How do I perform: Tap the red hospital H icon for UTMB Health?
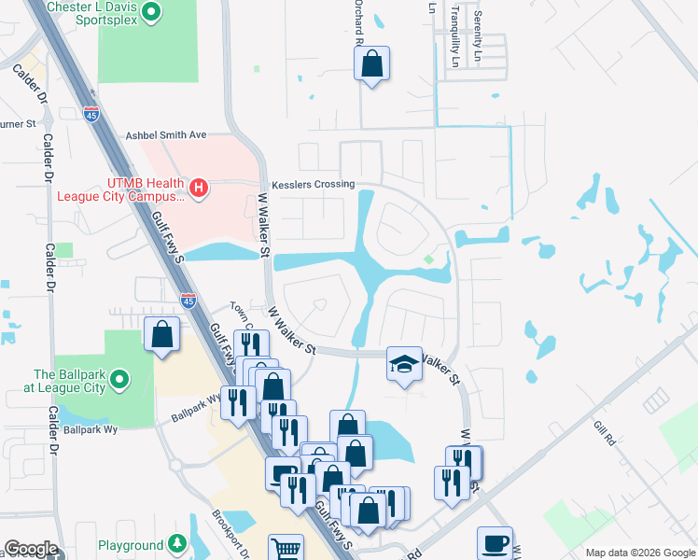tap(197, 189)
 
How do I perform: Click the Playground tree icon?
tap(177, 545)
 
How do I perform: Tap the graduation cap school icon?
tap(404, 364)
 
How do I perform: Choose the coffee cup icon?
tap(494, 543)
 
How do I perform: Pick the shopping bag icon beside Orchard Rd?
tap(371, 64)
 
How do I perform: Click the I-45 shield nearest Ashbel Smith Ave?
tap(91, 114)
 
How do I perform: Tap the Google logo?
tap(31, 549)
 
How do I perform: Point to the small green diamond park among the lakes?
tap(428, 259)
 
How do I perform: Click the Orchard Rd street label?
tap(357, 13)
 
